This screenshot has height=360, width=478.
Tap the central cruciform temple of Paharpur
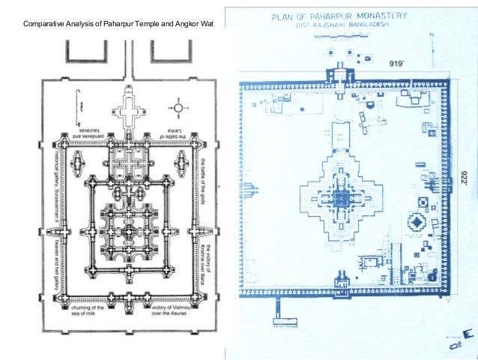click(340, 198)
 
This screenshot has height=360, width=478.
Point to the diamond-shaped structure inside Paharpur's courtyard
click(415, 223)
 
